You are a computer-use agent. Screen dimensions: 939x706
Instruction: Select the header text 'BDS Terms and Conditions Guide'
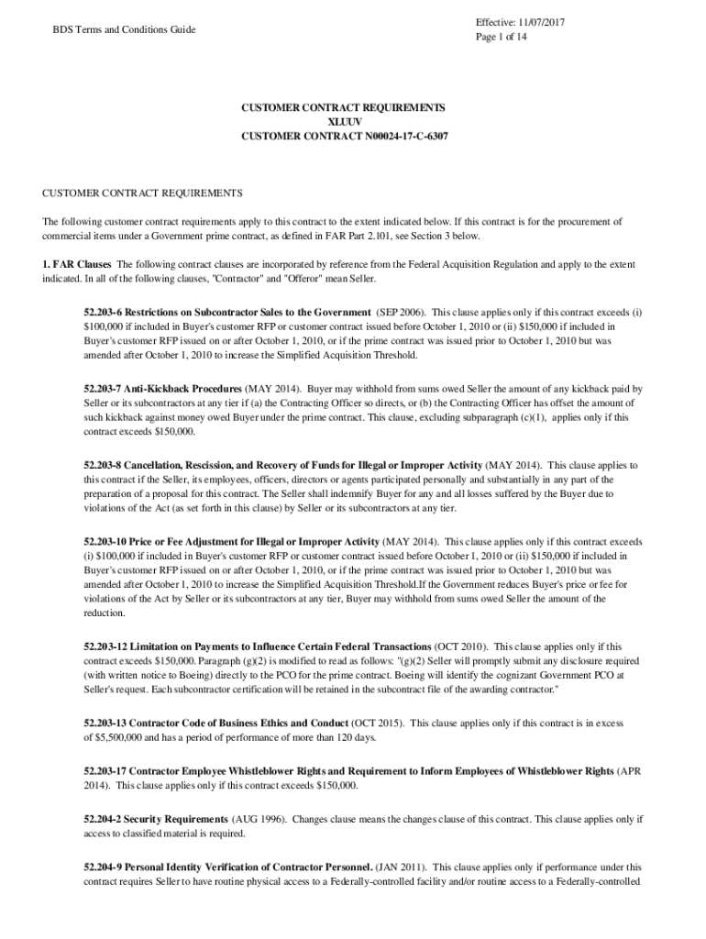pos(124,29)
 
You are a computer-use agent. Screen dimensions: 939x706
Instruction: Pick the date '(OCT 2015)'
pos(376,723)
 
